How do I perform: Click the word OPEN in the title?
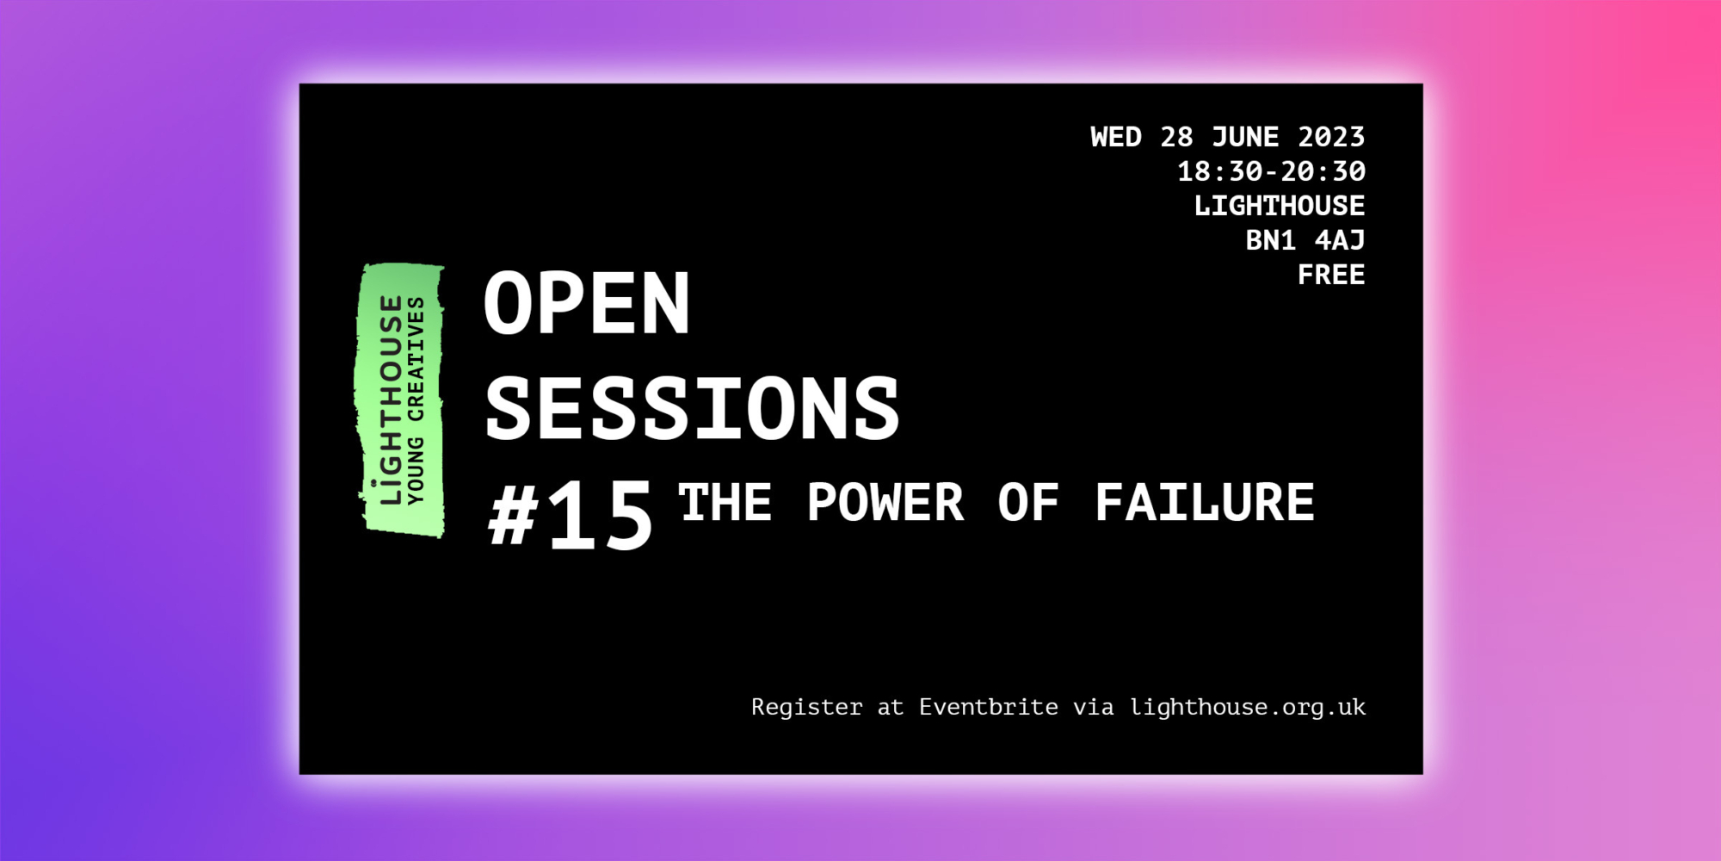(587, 303)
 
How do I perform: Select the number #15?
(571, 515)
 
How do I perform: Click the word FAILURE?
(1205, 502)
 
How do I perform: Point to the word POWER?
(885, 502)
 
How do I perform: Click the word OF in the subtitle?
(1028, 502)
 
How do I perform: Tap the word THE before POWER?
(725, 502)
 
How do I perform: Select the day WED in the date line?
(1116, 137)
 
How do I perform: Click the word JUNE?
(1245, 137)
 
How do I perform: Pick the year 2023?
(1331, 137)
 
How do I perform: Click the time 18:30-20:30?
(1271, 171)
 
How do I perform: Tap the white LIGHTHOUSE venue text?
(1280, 206)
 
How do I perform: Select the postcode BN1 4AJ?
(1305, 240)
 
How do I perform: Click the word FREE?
(1331, 275)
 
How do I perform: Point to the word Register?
(806, 707)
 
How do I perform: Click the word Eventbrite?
(989, 707)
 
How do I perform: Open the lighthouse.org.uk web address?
(1248, 707)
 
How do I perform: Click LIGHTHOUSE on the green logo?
(392, 400)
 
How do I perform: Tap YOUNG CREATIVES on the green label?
(416, 400)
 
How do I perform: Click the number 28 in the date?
(1176, 137)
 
